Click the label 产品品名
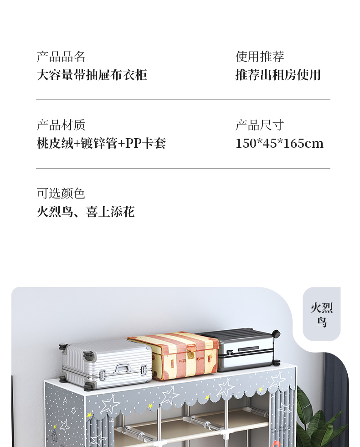point(61,57)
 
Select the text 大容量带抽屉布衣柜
point(92,75)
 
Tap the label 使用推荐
point(260,57)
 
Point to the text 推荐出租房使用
point(278,75)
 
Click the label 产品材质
point(61,125)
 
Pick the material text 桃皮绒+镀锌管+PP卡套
point(101,144)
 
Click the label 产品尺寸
point(260,125)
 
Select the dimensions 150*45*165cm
point(279,144)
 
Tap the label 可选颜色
point(61,194)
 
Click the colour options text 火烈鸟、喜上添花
point(86,212)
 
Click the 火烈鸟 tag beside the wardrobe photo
point(322,315)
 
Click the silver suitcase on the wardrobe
point(107,363)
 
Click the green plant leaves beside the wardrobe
point(314,420)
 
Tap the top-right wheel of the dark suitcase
point(276,334)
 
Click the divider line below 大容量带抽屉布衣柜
point(183,99)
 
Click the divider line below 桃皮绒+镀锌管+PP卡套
point(183,168)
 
